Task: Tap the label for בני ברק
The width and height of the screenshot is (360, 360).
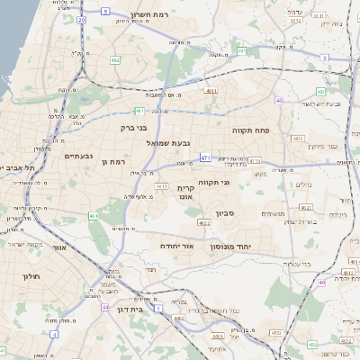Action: click(x=133, y=128)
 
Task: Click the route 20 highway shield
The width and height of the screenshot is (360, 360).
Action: click(x=81, y=18)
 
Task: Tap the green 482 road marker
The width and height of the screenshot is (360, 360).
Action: click(x=115, y=60)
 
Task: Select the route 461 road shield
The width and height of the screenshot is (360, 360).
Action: click(x=94, y=216)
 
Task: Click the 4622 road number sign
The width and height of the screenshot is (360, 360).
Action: click(x=204, y=223)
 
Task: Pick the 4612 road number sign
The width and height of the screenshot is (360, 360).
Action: click(x=163, y=185)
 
